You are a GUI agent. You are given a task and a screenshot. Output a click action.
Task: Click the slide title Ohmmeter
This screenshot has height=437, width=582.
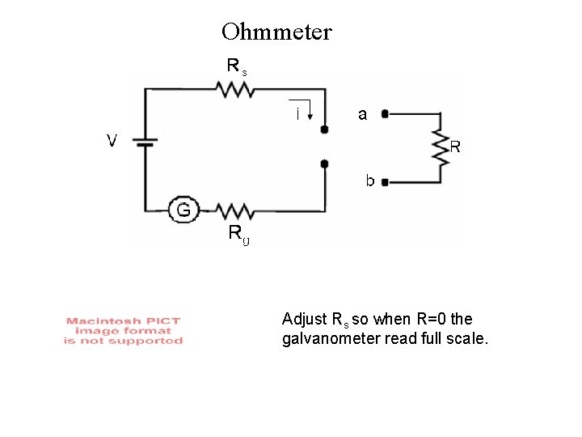276,32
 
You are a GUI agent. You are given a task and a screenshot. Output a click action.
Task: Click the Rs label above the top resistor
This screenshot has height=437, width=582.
236,66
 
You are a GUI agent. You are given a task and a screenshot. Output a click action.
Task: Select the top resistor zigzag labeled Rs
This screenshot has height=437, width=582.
235,89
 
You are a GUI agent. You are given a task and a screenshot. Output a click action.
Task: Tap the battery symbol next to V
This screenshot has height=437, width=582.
145,142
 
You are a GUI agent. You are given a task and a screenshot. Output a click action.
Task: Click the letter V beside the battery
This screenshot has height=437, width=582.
113,141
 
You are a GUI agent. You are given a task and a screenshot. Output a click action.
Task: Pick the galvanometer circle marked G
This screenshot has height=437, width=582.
183,210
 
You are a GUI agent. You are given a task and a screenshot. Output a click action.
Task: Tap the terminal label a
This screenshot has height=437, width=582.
362,115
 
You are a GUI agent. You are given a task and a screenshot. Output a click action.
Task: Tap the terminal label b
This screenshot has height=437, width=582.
369,180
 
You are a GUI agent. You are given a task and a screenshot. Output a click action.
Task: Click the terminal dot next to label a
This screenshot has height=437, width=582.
385,115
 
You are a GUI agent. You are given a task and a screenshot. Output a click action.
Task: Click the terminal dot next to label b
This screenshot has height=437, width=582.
385,183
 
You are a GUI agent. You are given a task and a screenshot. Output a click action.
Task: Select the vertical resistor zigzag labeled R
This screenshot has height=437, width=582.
440,148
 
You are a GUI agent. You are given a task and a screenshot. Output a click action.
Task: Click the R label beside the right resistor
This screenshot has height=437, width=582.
455,147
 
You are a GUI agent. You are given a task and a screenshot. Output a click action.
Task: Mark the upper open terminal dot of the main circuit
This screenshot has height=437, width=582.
324,129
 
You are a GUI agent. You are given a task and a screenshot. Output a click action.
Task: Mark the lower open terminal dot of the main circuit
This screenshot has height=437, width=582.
324,164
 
